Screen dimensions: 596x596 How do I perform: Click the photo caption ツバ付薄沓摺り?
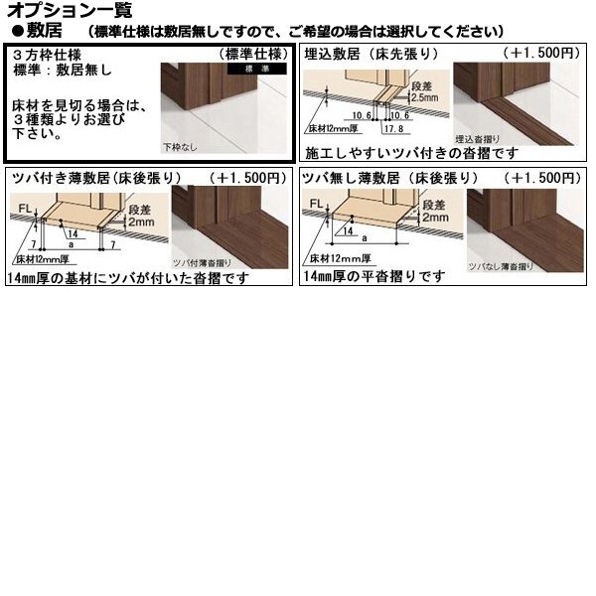pos(201,263)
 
